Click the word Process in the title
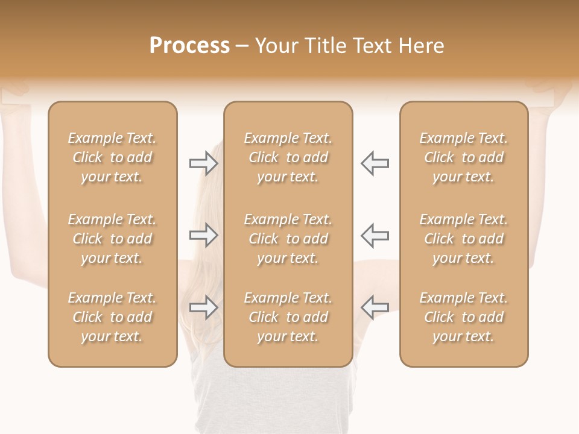coord(189,46)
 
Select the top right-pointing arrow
coord(204,163)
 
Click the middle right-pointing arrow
coord(204,235)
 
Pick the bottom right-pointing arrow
coord(204,307)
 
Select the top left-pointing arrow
coord(375,163)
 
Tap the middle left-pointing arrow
coord(375,235)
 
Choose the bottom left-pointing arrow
coord(375,307)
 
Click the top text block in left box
coord(112,157)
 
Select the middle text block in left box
coord(112,239)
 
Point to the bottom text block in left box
coord(112,317)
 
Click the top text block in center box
coord(288,157)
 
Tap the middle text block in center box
coord(288,239)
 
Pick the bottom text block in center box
coord(288,317)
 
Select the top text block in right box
coord(464,157)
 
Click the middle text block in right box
coord(464,239)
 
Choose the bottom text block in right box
coord(464,317)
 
